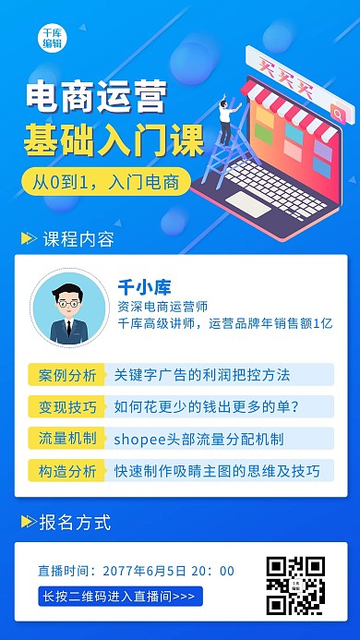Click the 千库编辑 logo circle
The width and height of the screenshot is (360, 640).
point(52,37)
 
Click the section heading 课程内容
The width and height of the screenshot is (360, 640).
point(78,240)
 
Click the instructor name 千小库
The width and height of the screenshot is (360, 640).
point(145,286)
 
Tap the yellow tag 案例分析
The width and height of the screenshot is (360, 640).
point(67,375)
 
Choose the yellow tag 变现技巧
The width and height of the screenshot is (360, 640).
point(67,406)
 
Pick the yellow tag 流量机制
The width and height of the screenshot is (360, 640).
point(67,439)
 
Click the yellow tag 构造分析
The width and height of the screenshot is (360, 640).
point(67,471)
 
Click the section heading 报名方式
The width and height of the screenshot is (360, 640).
point(75,523)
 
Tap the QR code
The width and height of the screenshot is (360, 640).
point(295,586)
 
